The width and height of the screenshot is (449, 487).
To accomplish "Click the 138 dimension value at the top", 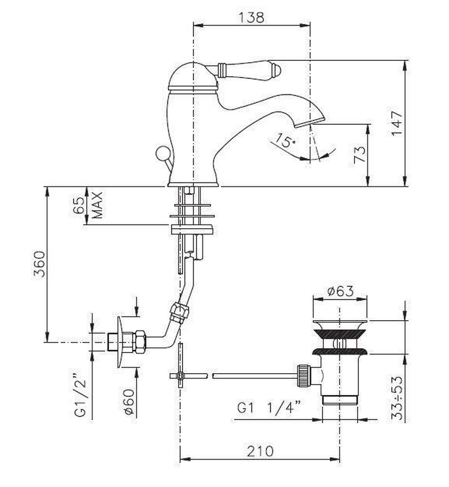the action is pyautogui.click(x=251, y=17).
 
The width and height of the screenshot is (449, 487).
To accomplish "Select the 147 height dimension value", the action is pyautogui.click(x=397, y=123).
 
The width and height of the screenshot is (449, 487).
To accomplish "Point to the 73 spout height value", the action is pyautogui.click(x=360, y=155).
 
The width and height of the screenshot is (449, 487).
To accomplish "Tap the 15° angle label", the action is pyautogui.click(x=286, y=140).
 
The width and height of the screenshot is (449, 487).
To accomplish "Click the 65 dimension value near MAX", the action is pyautogui.click(x=79, y=205).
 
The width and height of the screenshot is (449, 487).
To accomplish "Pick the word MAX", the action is pyautogui.click(x=97, y=205).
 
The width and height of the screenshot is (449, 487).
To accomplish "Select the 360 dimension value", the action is pyautogui.click(x=40, y=264).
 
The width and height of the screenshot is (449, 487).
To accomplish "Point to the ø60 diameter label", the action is pyautogui.click(x=129, y=402).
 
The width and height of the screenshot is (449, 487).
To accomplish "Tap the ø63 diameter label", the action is pyautogui.click(x=341, y=292).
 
